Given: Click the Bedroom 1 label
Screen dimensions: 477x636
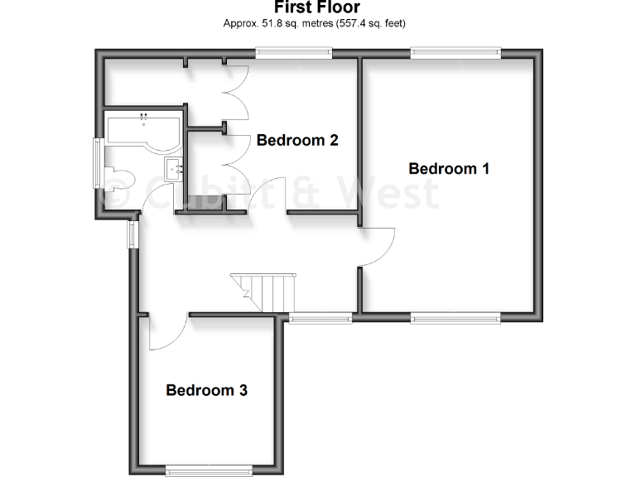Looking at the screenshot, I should [449, 169].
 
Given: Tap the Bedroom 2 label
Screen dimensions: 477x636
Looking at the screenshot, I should [297, 140].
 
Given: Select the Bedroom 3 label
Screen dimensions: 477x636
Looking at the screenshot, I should [207, 390].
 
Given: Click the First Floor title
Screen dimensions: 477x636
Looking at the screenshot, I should [317, 7].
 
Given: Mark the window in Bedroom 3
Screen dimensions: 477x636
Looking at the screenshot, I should [208, 470].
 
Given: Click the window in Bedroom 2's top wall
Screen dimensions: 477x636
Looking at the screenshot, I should [293, 54].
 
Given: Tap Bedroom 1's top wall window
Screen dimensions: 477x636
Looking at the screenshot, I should [456, 54].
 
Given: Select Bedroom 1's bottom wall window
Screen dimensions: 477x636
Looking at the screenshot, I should [456, 316].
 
